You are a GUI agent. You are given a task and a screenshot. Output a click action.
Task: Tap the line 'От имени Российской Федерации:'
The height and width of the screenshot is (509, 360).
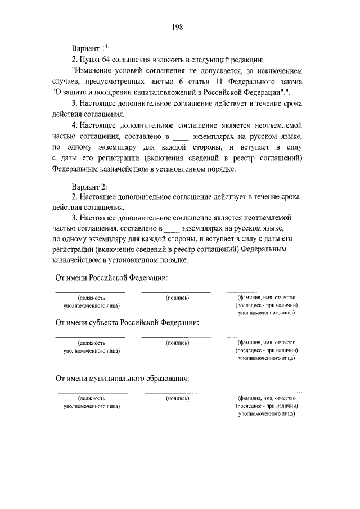[x=111, y=278]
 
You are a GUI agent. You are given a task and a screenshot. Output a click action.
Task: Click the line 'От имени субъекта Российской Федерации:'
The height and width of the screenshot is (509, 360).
[x=127, y=323]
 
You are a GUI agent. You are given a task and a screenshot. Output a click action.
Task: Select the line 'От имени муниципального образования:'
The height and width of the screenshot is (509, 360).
[x=121, y=378]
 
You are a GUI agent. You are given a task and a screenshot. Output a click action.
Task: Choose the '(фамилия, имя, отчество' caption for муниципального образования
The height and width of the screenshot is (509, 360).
[x=266, y=398]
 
